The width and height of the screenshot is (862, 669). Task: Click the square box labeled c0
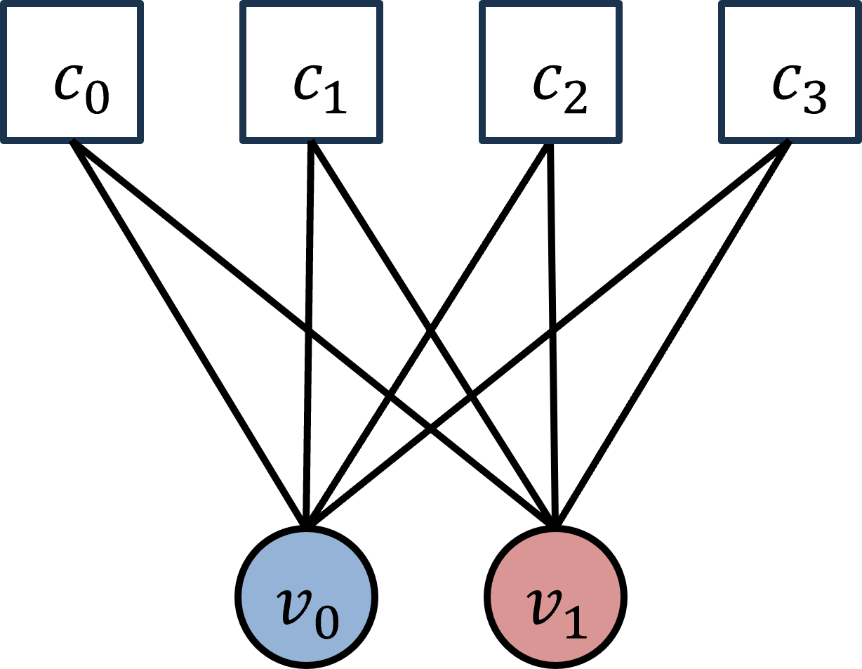pyautogui.click(x=72, y=71)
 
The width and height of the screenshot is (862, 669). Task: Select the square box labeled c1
pyautogui.click(x=312, y=71)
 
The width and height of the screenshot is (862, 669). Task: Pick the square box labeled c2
pyautogui.click(x=551, y=71)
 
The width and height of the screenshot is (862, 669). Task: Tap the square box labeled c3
pyautogui.click(x=790, y=71)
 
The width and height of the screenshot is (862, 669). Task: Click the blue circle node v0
pyautogui.click(x=306, y=597)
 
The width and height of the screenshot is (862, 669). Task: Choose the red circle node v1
pyautogui.click(x=555, y=597)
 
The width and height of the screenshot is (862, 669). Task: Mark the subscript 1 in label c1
pyautogui.click(x=335, y=98)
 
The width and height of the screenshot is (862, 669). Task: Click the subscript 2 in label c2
pyautogui.click(x=574, y=98)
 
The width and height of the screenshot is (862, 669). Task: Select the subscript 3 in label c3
pyautogui.click(x=814, y=98)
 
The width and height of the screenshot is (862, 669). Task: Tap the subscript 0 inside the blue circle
pyautogui.click(x=326, y=622)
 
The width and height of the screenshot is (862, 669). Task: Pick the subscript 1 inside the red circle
pyautogui.click(x=574, y=622)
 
